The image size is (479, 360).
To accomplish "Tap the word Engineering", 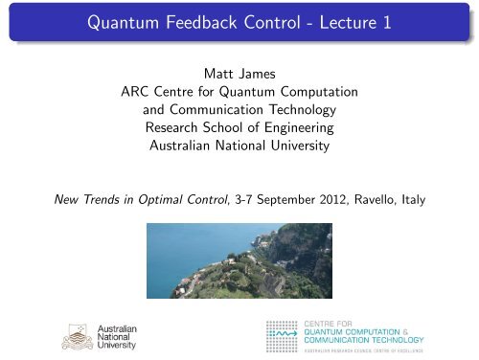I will click(302, 130).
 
